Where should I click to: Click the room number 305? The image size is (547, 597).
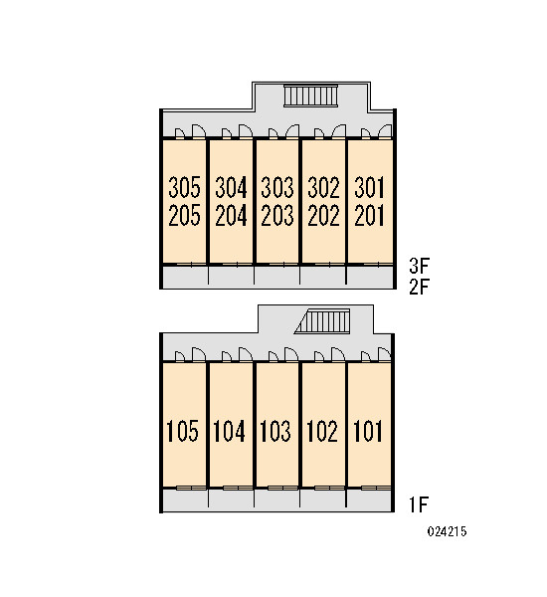tap(184, 187)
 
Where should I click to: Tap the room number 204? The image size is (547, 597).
tap(231, 215)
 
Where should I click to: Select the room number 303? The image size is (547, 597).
tap(277, 187)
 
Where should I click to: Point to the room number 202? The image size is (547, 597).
tap(323, 215)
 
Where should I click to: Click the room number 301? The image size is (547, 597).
tap(369, 187)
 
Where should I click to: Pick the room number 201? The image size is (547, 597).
tap(369, 215)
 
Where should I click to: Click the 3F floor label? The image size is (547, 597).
tap(419, 266)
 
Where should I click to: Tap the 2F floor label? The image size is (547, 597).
tap(419, 288)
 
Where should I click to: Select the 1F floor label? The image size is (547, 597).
tap(419, 504)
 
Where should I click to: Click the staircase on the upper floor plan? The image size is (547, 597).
tap(311, 96)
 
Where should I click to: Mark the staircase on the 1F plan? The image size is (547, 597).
tap(323, 321)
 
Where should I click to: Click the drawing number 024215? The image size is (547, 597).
tap(447, 531)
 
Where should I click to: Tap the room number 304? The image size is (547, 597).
tap(231, 187)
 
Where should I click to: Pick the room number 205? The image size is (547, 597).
tap(184, 215)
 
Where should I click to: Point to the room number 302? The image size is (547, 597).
tap(323, 187)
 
